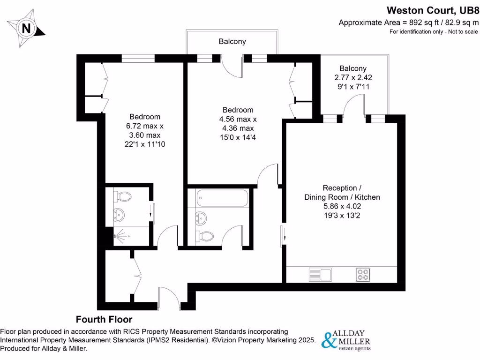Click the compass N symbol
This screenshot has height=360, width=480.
tap(27, 29)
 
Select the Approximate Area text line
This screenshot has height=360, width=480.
tap(409, 22)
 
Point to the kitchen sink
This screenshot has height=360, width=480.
tap(320, 274)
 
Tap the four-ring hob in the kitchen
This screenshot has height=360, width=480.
tap(363, 274)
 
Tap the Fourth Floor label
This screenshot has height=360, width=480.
tap(105, 320)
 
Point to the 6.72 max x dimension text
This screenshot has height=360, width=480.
tap(145, 126)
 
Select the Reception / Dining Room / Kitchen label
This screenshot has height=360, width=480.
tap(342, 193)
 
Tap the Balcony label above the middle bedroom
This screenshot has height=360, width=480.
tap(232, 42)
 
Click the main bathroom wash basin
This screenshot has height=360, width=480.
tap(202, 217)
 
